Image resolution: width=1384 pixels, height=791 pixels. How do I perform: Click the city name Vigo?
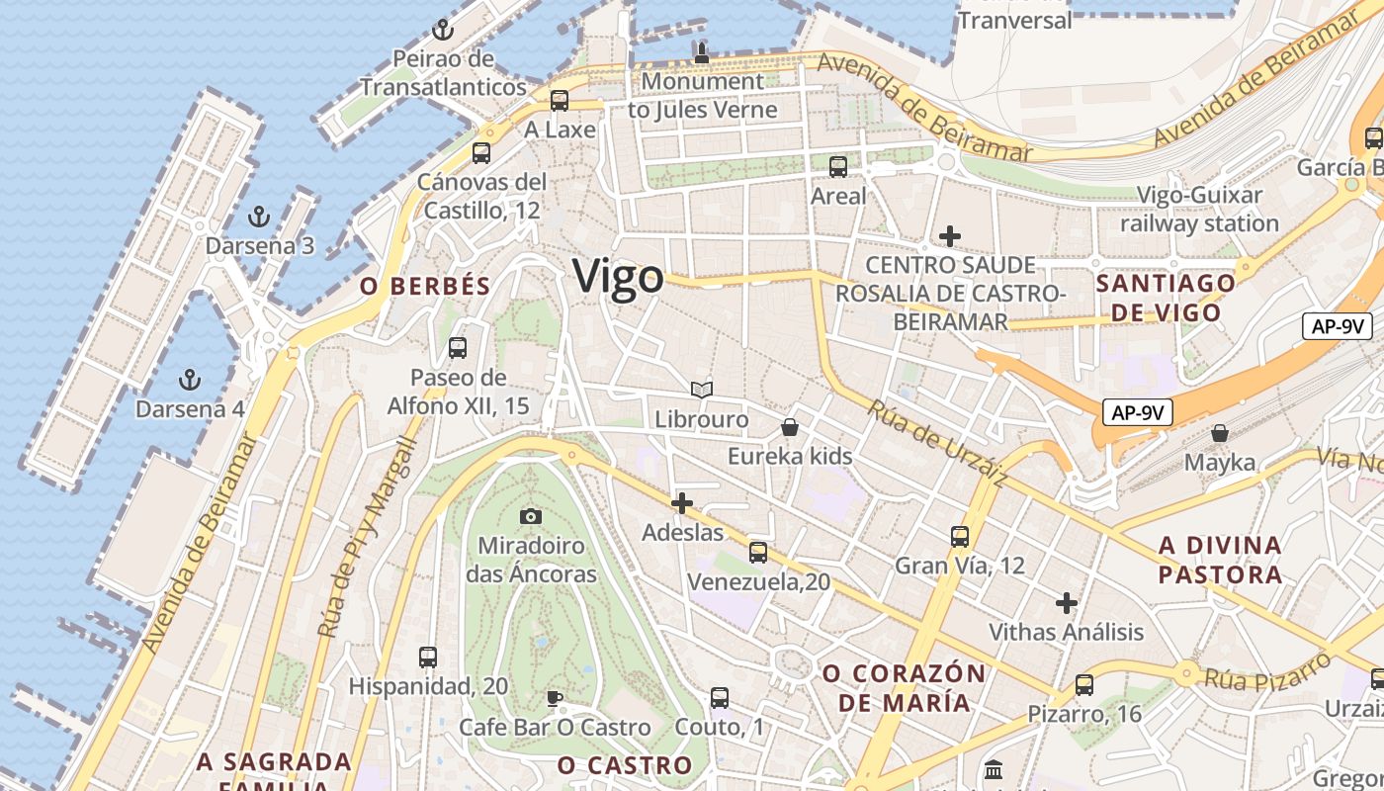[618, 276]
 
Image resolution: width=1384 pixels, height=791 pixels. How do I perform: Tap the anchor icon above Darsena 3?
[258, 216]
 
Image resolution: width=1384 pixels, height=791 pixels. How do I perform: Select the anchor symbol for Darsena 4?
[189, 379]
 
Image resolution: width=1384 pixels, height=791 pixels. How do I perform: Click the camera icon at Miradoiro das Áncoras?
[531, 516]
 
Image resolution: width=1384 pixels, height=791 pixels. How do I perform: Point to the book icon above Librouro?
[702, 391]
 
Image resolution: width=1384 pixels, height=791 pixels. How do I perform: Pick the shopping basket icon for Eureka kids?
[790, 427]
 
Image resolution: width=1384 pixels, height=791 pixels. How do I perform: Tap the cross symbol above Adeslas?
[682, 503]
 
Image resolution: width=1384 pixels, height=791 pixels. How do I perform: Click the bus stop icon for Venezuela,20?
[758, 552]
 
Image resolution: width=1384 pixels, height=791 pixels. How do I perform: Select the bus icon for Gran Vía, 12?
[960, 536]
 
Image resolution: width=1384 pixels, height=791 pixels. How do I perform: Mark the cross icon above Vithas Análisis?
[1067, 602]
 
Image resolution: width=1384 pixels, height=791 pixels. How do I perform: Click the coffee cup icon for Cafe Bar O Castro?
[555, 699]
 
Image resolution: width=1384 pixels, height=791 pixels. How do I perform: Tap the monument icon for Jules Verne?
[702, 52]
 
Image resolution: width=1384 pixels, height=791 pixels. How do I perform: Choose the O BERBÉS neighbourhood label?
[425, 287]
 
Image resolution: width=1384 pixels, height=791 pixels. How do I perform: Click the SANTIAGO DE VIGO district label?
[1167, 298]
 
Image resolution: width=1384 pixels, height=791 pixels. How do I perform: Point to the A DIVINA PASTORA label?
[1221, 560]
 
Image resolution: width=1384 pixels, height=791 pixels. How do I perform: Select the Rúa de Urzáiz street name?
[937, 442]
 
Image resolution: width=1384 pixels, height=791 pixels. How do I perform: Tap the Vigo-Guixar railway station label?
[1200, 210]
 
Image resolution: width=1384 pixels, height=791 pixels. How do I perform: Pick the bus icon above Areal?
[838, 166]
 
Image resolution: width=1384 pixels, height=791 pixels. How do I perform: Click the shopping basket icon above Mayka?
[1220, 433]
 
